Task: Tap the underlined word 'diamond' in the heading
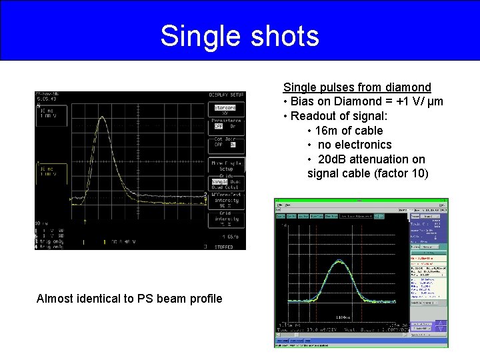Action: point(409,87)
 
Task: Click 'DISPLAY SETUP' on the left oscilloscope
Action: point(226,95)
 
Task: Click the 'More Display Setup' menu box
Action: point(226,165)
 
